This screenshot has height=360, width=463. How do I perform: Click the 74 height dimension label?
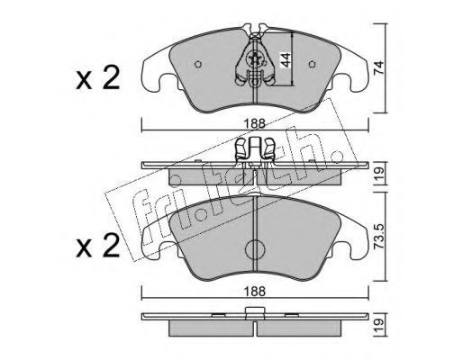click(379, 67)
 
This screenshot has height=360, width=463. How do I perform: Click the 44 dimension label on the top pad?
click(286, 60)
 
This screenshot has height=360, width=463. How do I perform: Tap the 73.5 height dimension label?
click(379, 236)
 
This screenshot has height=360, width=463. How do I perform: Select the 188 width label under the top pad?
click(255, 123)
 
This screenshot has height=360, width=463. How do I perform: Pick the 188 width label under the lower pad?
click(255, 292)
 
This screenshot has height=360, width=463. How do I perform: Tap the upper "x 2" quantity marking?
click(98, 78)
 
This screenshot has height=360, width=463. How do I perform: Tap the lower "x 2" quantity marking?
click(98, 246)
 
